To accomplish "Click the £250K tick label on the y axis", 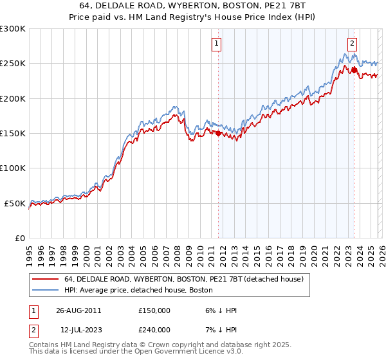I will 13,64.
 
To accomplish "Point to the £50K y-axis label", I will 15,203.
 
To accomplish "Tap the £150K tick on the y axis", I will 13,134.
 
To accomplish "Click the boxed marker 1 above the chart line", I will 217,44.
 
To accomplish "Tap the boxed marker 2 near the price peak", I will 353,44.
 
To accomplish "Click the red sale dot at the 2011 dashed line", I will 218,134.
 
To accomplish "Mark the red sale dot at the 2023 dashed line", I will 354,71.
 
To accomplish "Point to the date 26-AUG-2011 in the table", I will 78,310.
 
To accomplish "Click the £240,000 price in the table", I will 154,329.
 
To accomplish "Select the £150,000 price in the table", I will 154,310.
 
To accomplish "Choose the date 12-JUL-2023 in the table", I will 78,329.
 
